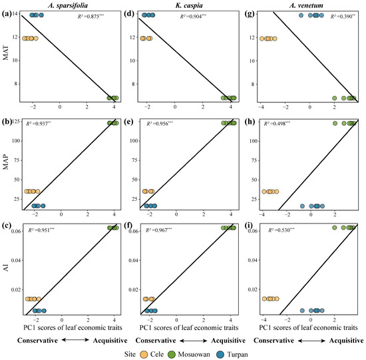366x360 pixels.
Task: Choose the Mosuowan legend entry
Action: click(x=206, y=351)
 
